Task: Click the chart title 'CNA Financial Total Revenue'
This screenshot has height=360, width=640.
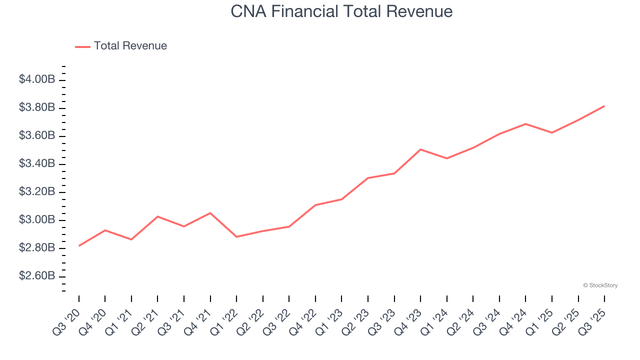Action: tap(341, 11)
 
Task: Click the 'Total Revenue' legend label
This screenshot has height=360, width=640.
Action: tap(130, 46)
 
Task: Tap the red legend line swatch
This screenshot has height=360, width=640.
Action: tap(82, 46)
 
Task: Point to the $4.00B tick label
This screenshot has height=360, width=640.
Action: tap(37, 79)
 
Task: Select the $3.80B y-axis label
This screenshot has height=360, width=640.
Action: tap(37, 107)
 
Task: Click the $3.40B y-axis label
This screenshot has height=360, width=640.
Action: tap(37, 164)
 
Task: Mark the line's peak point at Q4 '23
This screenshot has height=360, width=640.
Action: tap(420, 149)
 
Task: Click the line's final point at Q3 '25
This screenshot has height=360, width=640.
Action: tap(604, 106)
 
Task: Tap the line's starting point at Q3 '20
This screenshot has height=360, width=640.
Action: tap(79, 245)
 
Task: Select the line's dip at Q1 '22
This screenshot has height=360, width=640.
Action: tap(236, 236)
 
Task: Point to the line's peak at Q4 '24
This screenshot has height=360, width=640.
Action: tap(525, 123)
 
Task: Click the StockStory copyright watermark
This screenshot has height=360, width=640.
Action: tap(600, 285)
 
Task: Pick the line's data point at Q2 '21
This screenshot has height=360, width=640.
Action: tap(157, 216)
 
